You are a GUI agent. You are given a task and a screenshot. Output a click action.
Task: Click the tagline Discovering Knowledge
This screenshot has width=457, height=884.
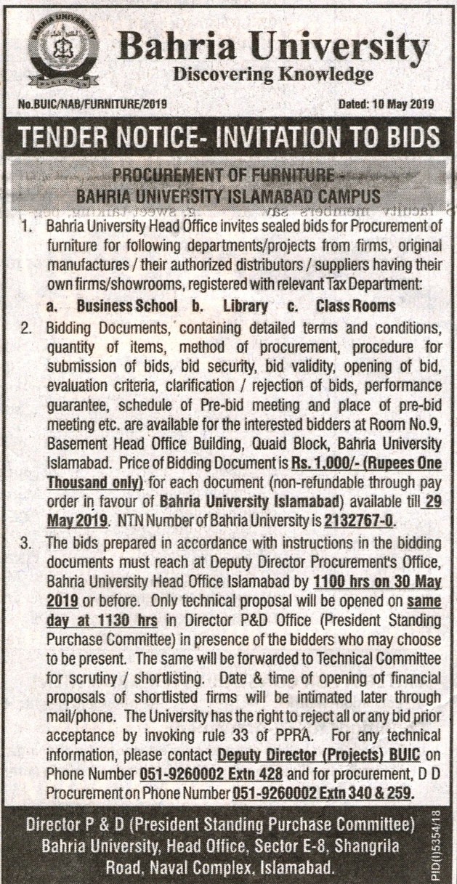(272, 74)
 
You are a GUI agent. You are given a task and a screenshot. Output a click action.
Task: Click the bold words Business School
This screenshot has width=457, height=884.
(126, 306)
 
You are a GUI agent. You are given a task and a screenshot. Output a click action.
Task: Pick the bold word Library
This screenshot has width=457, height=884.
(247, 306)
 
